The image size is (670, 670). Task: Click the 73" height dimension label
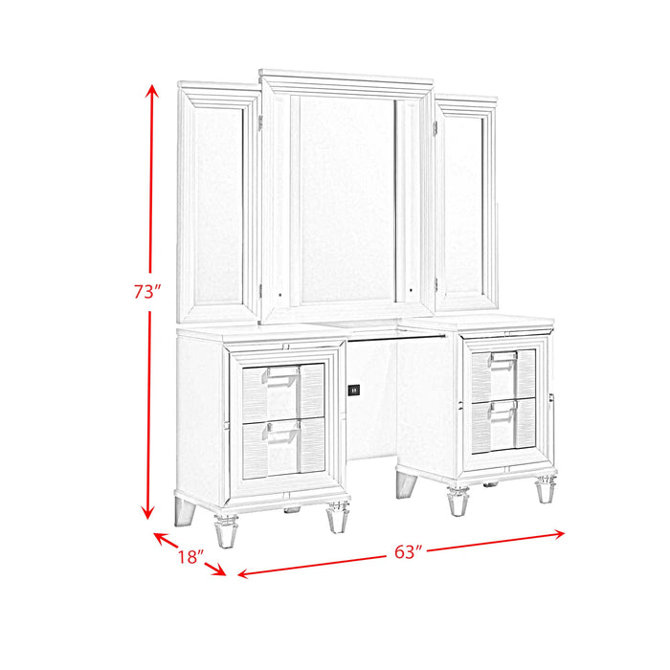click(145, 292)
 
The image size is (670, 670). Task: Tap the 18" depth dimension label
click(190, 556)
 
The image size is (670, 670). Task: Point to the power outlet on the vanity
click(354, 390)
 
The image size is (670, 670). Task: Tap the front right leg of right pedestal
click(545, 491)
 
